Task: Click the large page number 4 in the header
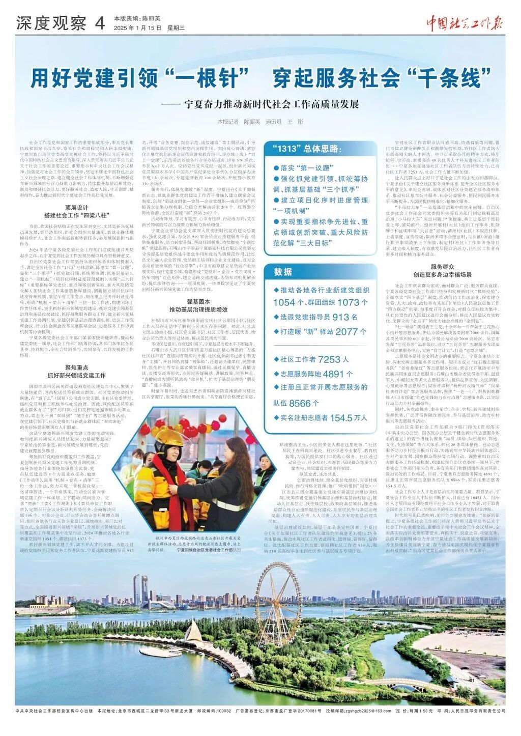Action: [x=99, y=22]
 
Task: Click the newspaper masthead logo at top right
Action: [x=464, y=23]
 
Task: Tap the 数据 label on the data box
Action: [x=283, y=272]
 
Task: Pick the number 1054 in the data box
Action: [x=284, y=302]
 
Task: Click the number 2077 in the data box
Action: [x=346, y=331]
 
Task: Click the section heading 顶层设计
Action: [x=76, y=208]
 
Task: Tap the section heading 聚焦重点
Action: [x=76, y=367]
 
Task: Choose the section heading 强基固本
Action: [x=198, y=302]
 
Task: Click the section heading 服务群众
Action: [x=442, y=267]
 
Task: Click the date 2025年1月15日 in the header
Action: [x=137, y=27]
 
